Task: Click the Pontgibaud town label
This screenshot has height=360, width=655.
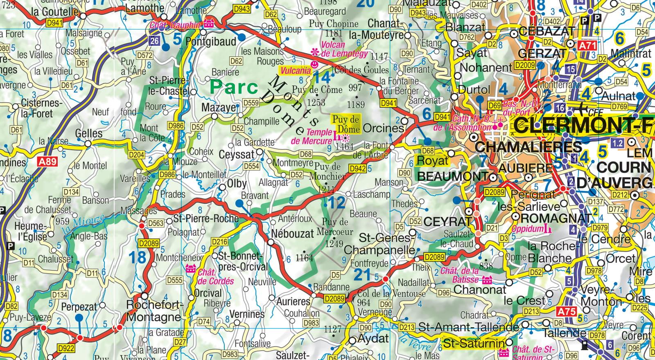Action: click(211, 42)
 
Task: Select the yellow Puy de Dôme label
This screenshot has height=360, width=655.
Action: click(346, 124)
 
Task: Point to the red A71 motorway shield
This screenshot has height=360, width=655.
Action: click(587, 45)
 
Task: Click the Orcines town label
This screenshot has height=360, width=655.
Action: click(383, 128)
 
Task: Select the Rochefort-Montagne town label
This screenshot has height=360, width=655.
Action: click(153, 311)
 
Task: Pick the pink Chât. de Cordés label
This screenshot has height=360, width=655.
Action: click(216, 277)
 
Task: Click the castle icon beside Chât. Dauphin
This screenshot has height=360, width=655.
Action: click(209, 23)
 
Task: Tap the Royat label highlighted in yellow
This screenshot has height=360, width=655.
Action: click(432, 160)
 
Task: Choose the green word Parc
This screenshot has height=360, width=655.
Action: click(234, 87)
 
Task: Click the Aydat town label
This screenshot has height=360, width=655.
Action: click(373, 338)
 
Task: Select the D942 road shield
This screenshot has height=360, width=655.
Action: click(357, 169)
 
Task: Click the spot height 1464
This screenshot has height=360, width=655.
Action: click(344, 146)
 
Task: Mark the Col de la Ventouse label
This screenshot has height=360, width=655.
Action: click(391, 293)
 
